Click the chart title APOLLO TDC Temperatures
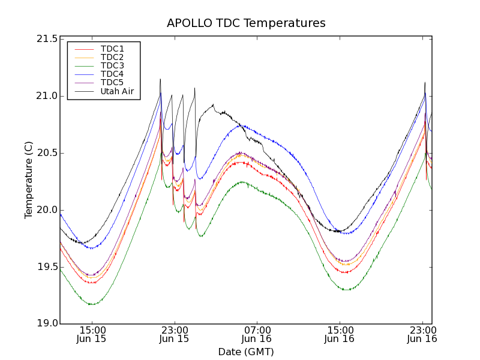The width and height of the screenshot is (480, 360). click(x=246, y=23)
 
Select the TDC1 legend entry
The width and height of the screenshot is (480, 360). click(x=112, y=49)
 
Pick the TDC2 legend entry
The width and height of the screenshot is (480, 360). click(x=112, y=57)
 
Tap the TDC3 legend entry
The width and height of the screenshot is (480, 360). click(x=112, y=65)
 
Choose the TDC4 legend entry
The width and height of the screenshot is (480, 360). click(x=112, y=74)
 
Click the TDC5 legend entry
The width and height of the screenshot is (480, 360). click(x=112, y=83)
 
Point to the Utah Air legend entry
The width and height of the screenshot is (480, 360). click(x=116, y=92)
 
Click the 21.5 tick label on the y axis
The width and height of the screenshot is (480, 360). click(x=46, y=39)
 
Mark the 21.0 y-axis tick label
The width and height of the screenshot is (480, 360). click(x=46, y=96)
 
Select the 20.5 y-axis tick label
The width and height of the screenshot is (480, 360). click(x=46, y=153)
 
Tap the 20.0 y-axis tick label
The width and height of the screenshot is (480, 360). click(x=46, y=210)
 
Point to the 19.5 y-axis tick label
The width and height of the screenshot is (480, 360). click(x=46, y=267)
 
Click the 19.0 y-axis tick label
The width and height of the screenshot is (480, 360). click(x=46, y=324)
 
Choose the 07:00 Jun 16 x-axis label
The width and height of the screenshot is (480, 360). click(x=257, y=334)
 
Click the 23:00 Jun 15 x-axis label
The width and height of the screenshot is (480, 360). click(x=174, y=334)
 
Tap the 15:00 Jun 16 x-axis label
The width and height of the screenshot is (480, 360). click(x=340, y=334)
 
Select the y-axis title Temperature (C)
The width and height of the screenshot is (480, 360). click(x=28, y=180)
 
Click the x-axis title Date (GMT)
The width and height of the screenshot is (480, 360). click(x=246, y=352)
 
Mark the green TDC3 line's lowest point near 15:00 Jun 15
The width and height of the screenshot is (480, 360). click(x=92, y=304)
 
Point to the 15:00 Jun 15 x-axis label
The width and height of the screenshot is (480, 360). click(x=92, y=334)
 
